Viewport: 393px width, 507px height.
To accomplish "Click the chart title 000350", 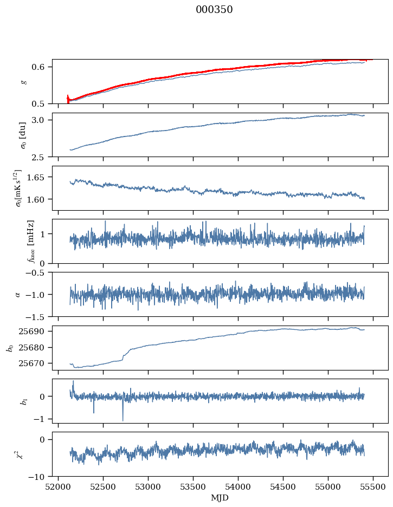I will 214,10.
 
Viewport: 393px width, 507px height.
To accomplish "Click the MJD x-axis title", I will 220,497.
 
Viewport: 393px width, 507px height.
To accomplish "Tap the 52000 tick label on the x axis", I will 59,486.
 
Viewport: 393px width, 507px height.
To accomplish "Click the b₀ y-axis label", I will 9,348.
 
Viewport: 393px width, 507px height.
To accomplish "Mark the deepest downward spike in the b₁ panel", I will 123,420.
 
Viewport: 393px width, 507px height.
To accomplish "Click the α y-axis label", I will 17,294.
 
